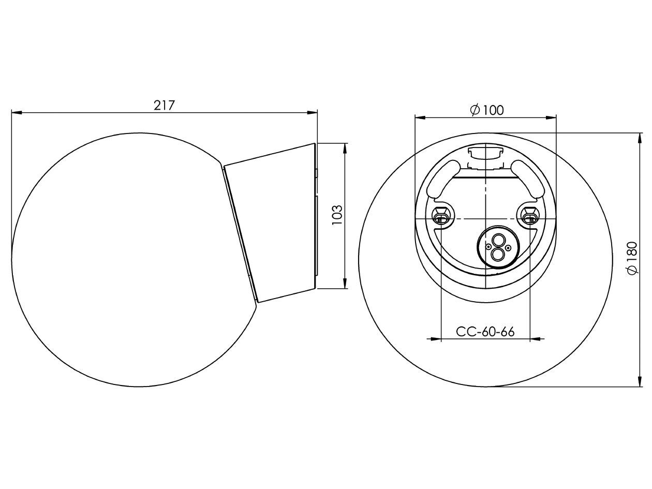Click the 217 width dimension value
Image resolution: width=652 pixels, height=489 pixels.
pyautogui.click(x=165, y=105)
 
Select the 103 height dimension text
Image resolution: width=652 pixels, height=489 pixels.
pyautogui.click(x=337, y=215)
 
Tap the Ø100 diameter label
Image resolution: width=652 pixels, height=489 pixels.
pyautogui.click(x=486, y=110)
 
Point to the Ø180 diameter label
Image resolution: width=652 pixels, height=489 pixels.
pyautogui.click(x=632, y=258)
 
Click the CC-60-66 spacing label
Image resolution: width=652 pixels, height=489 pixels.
pyautogui.click(x=485, y=332)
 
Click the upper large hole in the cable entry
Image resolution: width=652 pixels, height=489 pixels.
pyautogui.click(x=498, y=241)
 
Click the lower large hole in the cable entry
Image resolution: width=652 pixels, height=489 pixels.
pyautogui.click(x=498, y=254)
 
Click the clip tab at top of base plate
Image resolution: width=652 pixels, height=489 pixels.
pyautogui.click(x=485, y=153)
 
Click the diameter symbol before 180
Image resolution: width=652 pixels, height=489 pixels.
pyautogui.click(x=632, y=270)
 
